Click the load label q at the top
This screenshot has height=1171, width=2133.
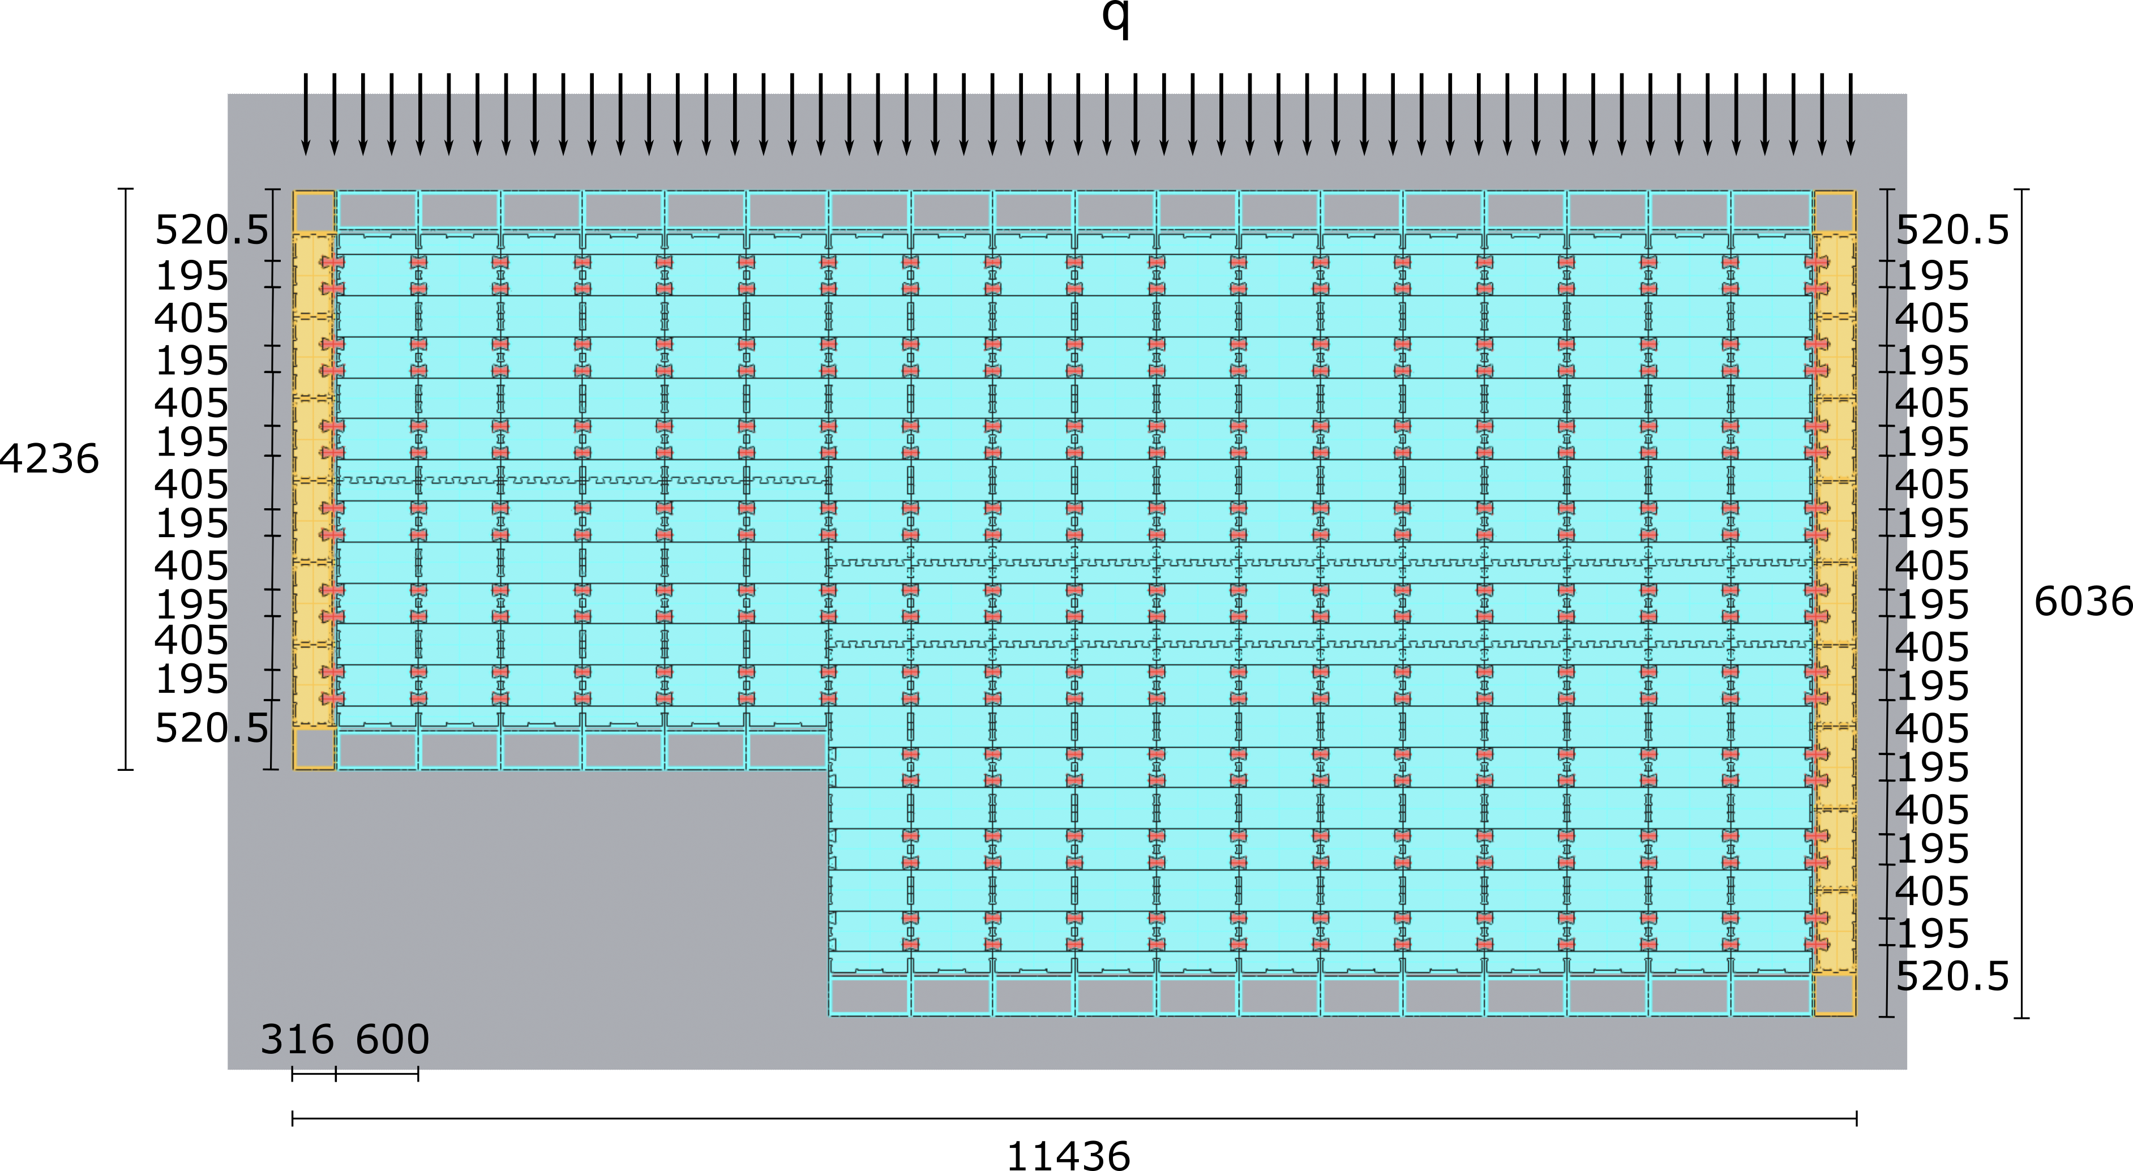pos(1115,18)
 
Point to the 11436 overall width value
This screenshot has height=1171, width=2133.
pos(1068,1155)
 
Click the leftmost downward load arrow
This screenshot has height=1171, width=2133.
pos(306,114)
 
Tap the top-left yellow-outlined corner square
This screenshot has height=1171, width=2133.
pos(314,212)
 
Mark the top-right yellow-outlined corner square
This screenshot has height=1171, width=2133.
pos(1834,212)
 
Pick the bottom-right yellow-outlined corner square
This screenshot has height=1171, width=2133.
pos(1834,994)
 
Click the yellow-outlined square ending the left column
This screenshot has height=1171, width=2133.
pos(314,749)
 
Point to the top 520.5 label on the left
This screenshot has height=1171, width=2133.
pos(212,230)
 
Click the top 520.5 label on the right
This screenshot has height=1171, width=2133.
pos(1952,230)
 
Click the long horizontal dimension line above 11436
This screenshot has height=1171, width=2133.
pos(1075,1119)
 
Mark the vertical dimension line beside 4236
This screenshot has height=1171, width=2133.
pos(126,479)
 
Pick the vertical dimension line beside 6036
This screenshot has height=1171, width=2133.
pos(2021,603)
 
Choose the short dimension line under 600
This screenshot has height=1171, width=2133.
pos(377,1074)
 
